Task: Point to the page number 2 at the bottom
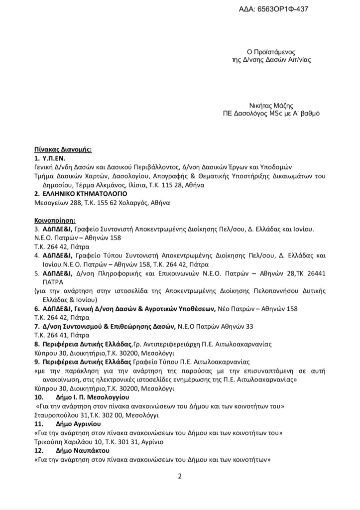click(180, 476)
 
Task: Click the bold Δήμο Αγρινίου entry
click(80, 424)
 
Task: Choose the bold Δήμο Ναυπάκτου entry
click(83, 451)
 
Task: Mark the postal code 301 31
click(123, 442)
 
